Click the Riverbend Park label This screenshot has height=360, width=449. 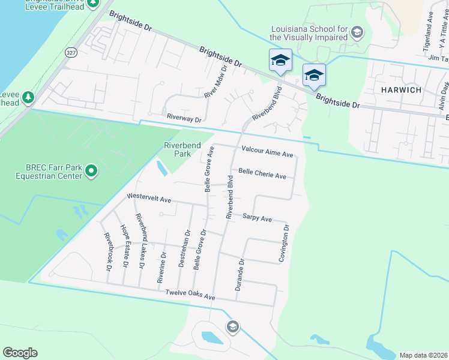pos(178,149)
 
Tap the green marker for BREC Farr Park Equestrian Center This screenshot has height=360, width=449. pos(91,172)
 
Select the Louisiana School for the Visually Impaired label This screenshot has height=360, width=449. pos(309,33)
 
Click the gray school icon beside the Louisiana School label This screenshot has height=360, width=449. pos(357,32)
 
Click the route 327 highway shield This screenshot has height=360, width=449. pos(71,52)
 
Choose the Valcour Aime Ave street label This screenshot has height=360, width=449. pos(267,152)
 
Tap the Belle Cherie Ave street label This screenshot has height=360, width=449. pos(262,173)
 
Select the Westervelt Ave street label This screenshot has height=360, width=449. pos(149,199)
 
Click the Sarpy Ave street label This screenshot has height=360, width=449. pos(258,218)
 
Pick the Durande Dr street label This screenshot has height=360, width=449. pos(240,275)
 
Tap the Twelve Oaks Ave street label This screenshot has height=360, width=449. pos(190,296)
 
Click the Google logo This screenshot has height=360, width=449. pos(20,353)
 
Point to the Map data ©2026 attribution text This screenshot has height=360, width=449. pos(423,355)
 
